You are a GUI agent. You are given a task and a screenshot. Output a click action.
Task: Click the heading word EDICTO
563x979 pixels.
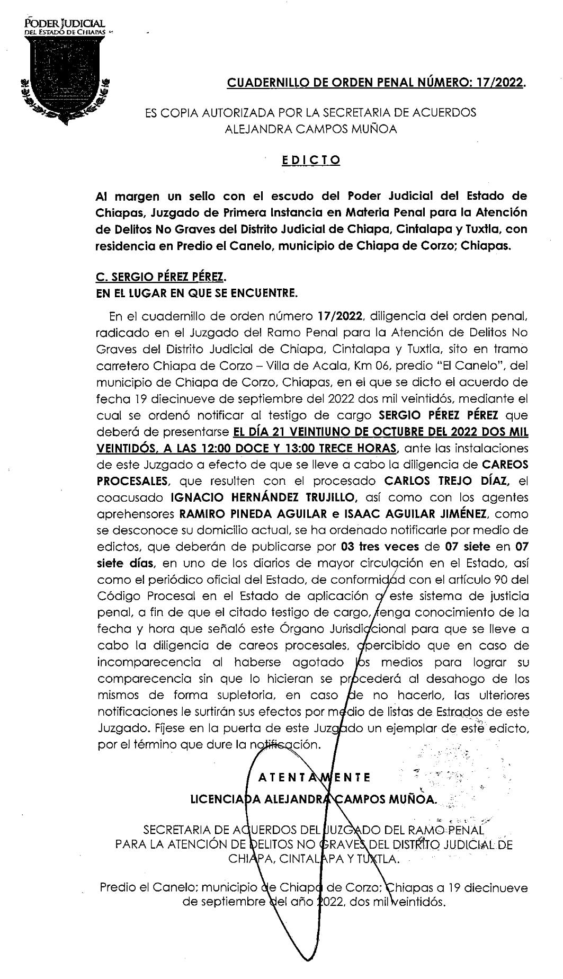[311, 159]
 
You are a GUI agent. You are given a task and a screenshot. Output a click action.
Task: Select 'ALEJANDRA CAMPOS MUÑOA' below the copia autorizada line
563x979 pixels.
[311, 129]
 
